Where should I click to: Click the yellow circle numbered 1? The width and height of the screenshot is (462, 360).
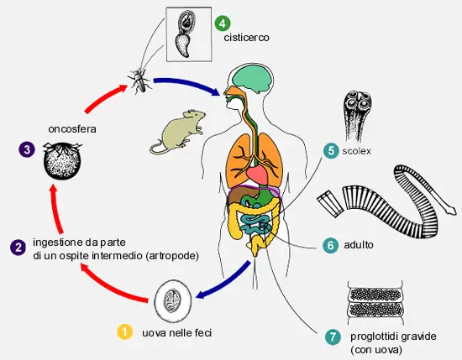(x=124, y=331)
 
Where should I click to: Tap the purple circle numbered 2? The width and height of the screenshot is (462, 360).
(x=18, y=248)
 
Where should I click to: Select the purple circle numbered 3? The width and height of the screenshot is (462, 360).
(x=27, y=149)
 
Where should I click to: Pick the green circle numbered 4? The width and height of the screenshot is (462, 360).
(x=223, y=23)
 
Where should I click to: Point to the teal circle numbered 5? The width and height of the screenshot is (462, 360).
(x=332, y=150)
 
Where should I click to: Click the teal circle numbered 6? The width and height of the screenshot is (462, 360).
(x=331, y=245)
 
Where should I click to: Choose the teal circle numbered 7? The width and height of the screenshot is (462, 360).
(x=333, y=337)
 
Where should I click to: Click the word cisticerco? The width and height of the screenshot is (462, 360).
(x=246, y=38)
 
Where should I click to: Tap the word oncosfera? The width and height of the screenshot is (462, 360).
(x=72, y=129)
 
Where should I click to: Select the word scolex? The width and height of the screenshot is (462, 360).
(x=356, y=151)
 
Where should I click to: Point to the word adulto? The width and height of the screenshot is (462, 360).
(x=359, y=244)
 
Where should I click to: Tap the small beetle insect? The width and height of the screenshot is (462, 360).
(x=139, y=80)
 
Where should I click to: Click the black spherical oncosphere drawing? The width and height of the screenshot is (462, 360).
(x=62, y=160)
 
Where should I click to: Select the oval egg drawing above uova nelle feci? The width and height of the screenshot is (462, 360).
(x=173, y=301)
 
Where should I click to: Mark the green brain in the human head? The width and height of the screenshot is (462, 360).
(x=252, y=78)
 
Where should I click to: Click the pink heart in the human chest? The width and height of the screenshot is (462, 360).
(x=258, y=175)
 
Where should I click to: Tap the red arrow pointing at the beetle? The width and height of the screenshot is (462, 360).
(x=105, y=97)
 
